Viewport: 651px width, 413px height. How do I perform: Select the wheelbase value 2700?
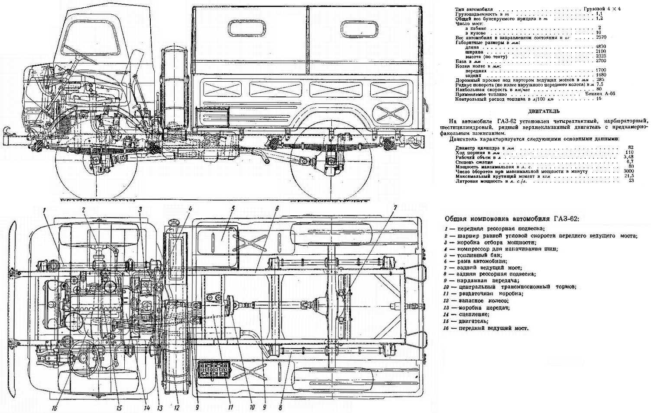(x=601, y=61)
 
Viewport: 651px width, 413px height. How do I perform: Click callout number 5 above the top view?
(x=233, y=208)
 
